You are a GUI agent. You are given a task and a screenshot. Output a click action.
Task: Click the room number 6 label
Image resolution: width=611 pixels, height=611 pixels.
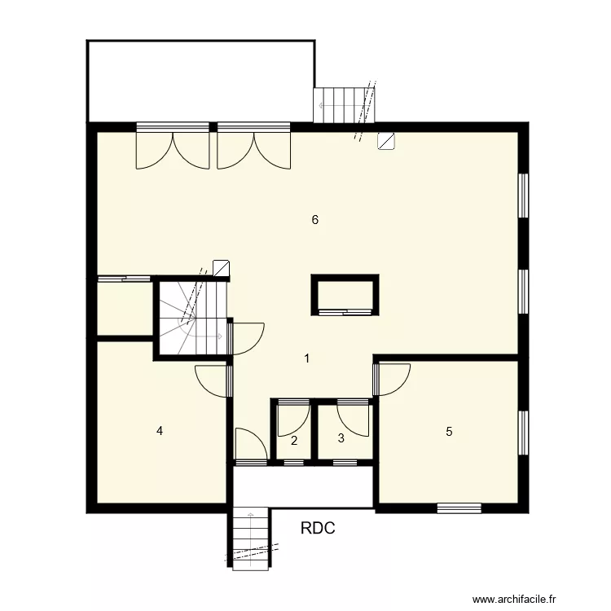click(x=314, y=219)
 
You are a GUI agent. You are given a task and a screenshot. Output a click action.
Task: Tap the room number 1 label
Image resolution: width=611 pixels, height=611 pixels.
click(x=306, y=358)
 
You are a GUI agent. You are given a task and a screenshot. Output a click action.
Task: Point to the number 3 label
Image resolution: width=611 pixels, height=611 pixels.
click(x=341, y=437)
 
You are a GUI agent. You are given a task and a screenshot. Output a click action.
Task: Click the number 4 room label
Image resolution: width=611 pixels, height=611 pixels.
click(x=160, y=431)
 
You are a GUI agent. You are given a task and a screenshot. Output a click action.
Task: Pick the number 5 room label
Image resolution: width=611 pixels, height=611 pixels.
click(x=448, y=432)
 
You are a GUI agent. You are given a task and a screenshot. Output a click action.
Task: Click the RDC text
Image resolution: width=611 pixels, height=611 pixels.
click(x=318, y=528)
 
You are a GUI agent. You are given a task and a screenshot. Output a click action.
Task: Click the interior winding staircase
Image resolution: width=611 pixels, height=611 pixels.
click(x=191, y=318)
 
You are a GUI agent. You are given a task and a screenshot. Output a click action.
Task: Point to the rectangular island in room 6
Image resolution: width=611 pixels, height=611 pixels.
click(x=345, y=295)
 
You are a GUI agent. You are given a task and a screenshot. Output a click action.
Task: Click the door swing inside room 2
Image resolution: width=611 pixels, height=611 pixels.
click(x=292, y=417)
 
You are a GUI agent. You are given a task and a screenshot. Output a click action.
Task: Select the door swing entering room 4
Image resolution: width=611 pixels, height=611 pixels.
click(x=212, y=380)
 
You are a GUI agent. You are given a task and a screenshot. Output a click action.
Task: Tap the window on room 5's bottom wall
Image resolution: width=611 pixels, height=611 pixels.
click(x=459, y=508)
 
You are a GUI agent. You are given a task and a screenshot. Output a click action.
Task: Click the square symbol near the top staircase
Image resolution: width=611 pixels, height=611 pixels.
click(x=386, y=140)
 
